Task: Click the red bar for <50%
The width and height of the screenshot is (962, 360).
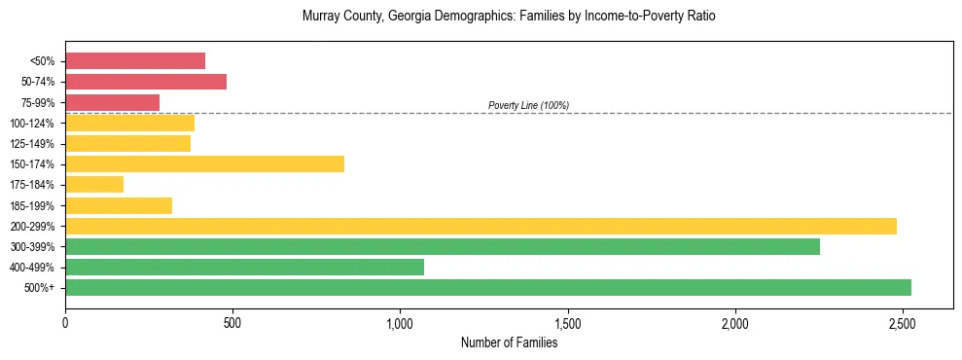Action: pos(135,61)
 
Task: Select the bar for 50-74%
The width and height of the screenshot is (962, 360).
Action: pos(146,82)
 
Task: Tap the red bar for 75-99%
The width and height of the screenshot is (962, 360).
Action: pos(112,102)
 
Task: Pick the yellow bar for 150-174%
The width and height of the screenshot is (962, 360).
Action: pos(204,164)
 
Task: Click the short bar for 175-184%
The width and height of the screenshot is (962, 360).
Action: pos(94,185)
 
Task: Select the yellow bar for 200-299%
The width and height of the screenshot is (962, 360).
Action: pos(481,226)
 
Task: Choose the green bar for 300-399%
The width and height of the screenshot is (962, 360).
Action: pos(443,246)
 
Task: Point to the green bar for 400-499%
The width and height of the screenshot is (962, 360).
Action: pos(244,267)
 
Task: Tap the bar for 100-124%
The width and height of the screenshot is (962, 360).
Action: pos(129,123)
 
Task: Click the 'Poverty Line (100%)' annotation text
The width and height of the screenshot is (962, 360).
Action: pos(528,105)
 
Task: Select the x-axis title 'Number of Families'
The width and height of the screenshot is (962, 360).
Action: pos(509,342)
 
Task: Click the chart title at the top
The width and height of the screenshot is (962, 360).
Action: pos(509,17)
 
